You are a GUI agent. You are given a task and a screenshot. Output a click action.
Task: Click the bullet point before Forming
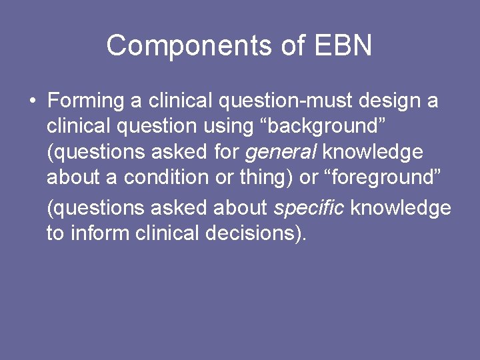(x=32, y=101)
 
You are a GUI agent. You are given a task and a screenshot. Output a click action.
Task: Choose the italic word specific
(x=309, y=207)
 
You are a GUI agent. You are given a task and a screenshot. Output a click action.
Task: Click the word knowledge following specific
(x=401, y=207)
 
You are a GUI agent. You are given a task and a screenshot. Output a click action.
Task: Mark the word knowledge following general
(x=373, y=152)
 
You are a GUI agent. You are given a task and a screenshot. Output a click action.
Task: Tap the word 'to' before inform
(x=55, y=233)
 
